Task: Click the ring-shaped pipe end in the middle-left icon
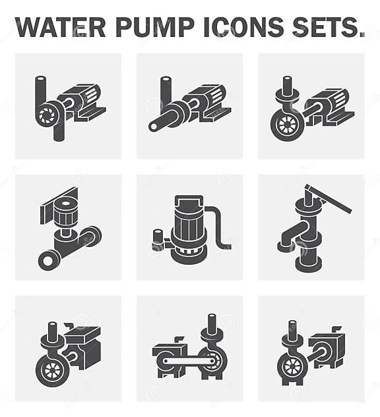tap(48, 260)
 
